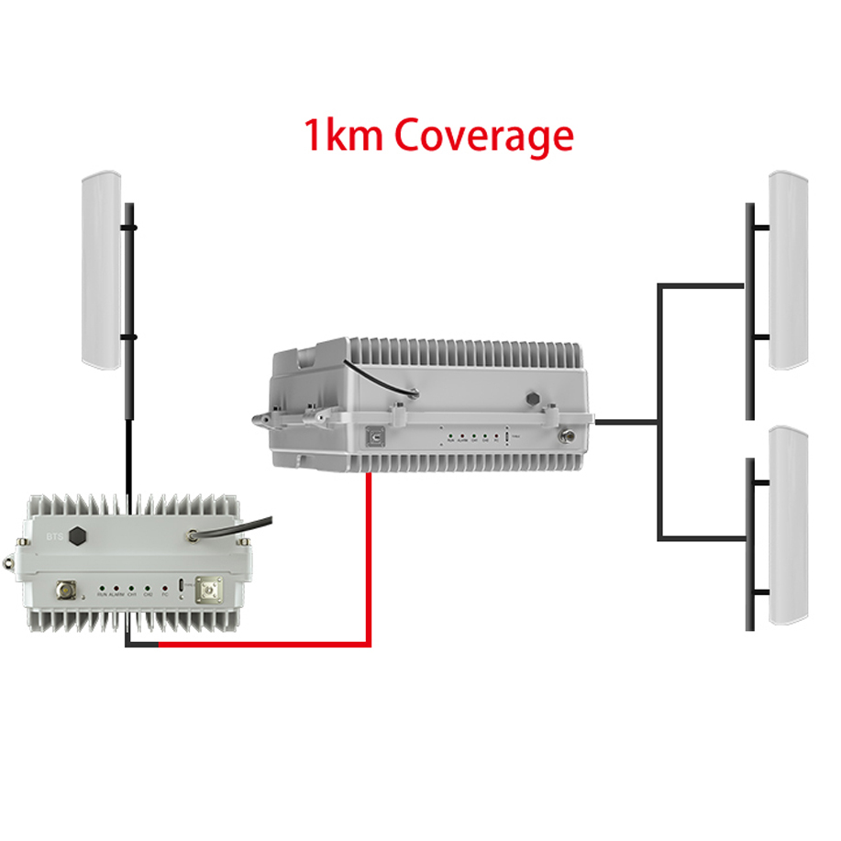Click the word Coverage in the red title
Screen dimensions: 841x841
click(x=484, y=137)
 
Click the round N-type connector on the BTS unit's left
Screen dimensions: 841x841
click(x=68, y=589)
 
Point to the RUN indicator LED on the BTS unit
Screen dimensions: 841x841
click(x=99, y=586)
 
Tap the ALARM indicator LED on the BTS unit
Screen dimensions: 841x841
click(x=116, y=586)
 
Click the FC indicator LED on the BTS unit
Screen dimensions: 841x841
click(x=164, y=586)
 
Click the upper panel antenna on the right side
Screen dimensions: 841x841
click(x=788, y=270)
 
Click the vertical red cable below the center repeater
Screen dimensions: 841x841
click(x=369, y=550)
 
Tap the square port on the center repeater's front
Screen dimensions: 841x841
click(x=374, y=438)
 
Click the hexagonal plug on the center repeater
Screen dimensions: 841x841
click(x=532, y=400)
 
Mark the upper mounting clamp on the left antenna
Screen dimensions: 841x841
click(x=130, y=226)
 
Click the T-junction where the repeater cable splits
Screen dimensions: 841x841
click(x=658, y=422)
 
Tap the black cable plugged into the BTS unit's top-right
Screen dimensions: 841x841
click(x=238, y=526)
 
